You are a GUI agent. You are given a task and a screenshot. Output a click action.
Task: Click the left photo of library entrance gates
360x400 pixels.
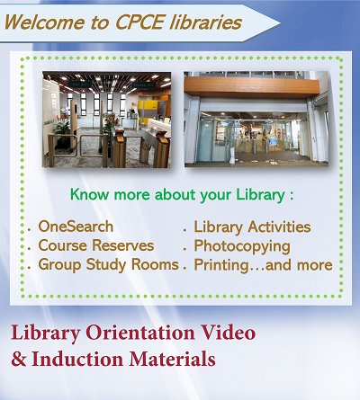[x=105, y=120]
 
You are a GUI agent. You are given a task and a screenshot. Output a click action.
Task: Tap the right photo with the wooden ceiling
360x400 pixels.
[x=252, y=120]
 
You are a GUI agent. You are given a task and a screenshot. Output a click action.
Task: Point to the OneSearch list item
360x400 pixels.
[x=76, y=227]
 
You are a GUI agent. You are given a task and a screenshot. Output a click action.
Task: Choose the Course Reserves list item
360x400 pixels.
[x=95, y=245]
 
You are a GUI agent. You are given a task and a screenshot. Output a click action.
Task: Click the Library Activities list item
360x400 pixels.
[x=252, y=227]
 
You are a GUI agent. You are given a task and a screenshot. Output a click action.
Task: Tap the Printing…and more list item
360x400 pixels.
[x=263, y=264]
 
